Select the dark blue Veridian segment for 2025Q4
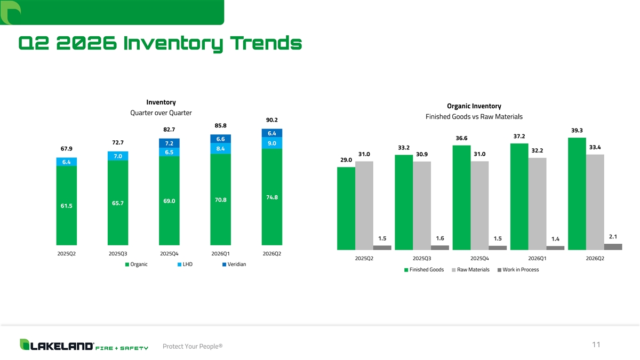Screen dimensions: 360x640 [169, 143]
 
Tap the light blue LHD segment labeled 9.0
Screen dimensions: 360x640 [272, 143]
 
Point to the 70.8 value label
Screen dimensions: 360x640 [220, 200]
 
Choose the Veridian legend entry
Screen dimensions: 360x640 [234, 265]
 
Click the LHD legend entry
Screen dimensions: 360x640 [186, 265]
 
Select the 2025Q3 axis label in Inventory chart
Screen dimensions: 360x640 [117, 253]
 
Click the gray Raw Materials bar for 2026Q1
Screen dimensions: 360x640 [538, 203]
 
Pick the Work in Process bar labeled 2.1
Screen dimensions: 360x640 [613, 246]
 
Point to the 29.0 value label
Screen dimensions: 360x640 [346, 160]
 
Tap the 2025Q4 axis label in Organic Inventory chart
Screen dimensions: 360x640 [480, 259]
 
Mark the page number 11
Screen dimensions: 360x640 [596, 345]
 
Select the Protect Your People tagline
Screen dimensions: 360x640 [192, 347]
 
